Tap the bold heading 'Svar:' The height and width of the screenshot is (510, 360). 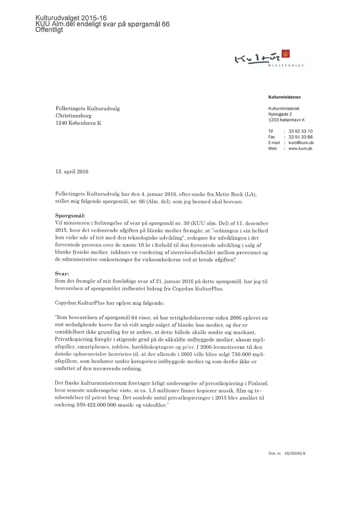click(x=63, y=273)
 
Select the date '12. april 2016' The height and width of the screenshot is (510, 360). click(x=72, y=172)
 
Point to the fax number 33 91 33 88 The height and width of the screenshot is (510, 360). click(x=301, y=137)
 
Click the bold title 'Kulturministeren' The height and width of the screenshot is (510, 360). click(x=285, y=97)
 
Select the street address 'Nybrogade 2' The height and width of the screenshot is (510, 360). click(x=281, y=114)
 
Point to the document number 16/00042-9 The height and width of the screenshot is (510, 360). click(x=294, y=454)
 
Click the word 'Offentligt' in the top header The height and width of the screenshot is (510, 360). click(x=49, y=30)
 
